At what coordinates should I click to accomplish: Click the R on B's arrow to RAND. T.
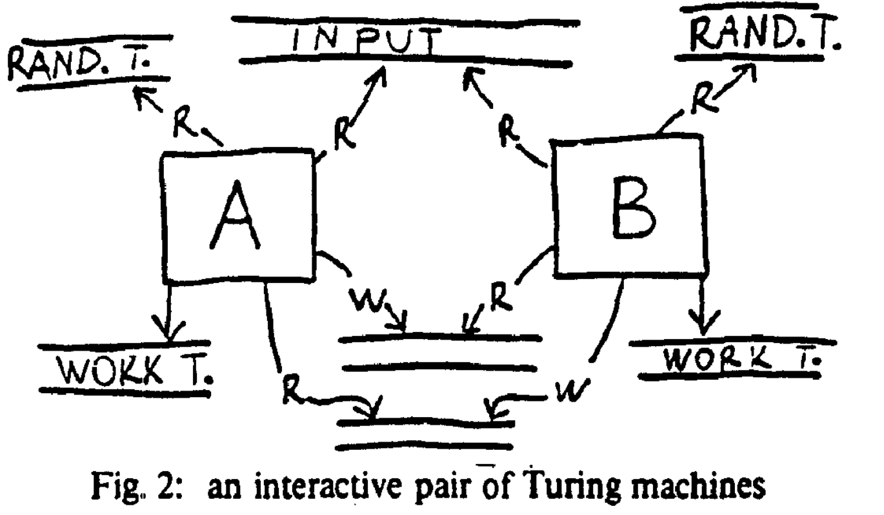click(x=700, y=97)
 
